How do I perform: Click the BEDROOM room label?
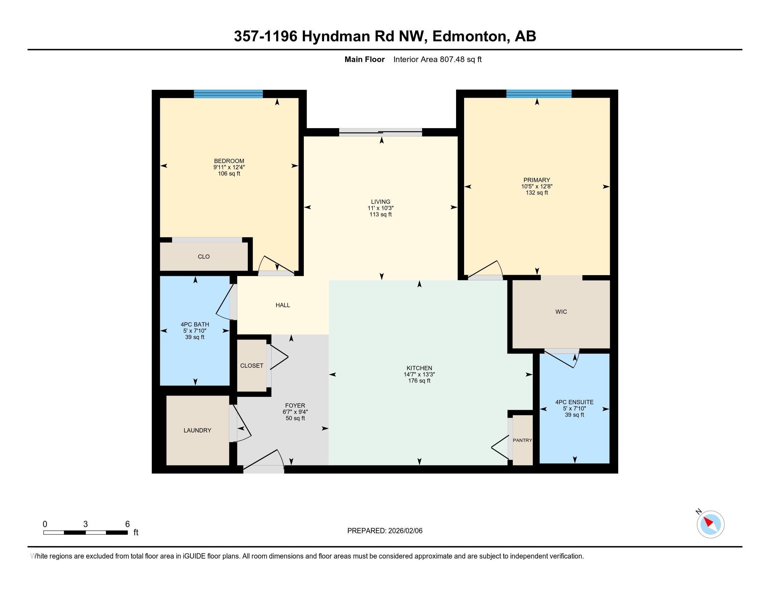coord(229,161)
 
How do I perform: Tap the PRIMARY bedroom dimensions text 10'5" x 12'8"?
coord(537,187)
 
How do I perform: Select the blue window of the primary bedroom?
coord(539,94)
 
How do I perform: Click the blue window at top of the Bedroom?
coord(228,94)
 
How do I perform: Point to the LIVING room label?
coord(380,202)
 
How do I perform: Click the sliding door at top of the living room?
coord(380,133)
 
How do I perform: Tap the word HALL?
coord(282,305)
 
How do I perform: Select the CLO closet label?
coord(204,257)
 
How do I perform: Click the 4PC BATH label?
coord(195,324)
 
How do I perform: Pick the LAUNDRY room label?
coord(197,430)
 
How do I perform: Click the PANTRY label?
coord(522,440)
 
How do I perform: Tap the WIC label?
coord(561,311)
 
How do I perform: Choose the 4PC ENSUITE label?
coord(574,402)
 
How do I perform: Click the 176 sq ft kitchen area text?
coord(419,381)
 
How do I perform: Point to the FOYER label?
coord(295,405)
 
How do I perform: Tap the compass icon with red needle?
coord(710,524)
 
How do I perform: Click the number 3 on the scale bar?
coord(85,524)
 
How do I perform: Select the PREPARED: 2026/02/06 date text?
coord(385,531)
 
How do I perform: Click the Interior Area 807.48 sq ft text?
coord(437,59)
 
